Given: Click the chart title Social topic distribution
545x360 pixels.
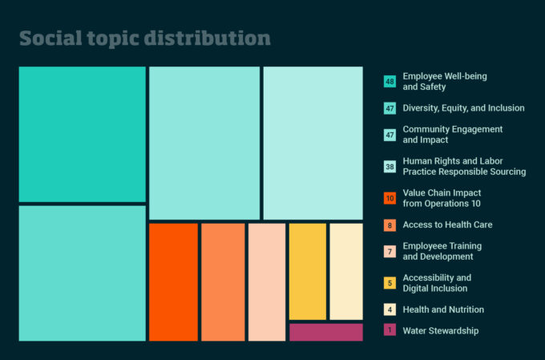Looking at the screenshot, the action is [x=144, y=38].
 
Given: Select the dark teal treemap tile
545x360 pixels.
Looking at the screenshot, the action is [x=83, y=134].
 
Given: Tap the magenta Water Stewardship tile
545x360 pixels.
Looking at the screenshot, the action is [x=326, y=332].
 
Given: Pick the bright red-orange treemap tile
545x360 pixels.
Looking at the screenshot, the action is [x=173, y=282].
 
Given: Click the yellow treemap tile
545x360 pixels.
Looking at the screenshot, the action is [x=308, y=271].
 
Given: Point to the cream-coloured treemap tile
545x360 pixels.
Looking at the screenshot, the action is [x=346, y=271].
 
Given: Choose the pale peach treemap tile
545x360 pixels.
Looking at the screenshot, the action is [x=267, y=282].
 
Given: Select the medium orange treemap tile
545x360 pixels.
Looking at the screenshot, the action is [x=223, y=282].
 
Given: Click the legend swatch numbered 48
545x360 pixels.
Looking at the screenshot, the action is [x=390, y=82].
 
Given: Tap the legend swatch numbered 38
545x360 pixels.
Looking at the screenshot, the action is [x=390, y=167].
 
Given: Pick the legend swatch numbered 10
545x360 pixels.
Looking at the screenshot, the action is [x=390, y=198].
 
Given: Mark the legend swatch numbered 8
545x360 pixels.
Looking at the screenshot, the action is [x=390, y=225].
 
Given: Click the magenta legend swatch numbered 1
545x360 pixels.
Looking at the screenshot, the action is [x=390, y=330].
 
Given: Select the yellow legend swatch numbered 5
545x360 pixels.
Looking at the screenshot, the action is [x=390, y=283].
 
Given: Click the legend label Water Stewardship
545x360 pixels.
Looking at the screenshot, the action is [x=441, y=331].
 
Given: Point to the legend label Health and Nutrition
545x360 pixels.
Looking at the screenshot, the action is [x=443, y=309].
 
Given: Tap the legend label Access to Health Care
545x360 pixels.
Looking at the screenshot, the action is [x=448, y=224].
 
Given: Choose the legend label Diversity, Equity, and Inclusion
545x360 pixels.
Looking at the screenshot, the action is [x=464, y=108].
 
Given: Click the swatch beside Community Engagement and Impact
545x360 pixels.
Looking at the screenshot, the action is [x=390, y=135].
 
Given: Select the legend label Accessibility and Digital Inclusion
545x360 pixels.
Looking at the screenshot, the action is [x=438, y=283].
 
